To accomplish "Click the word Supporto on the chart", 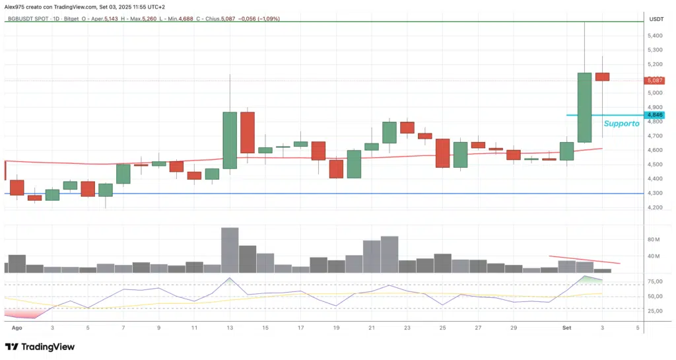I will coord(621,123).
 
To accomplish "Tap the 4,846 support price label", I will coord(655,115).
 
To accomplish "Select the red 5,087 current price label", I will coord(655,81).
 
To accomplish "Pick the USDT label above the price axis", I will coord(656,19).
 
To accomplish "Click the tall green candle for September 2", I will coord(584,107).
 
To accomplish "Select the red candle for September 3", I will coord(602,77).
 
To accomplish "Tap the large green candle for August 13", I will coord(230,140).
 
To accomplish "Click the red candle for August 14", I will coord(248,132).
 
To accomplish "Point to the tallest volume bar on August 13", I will coord(230,250).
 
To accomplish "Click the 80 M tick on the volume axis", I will coord(654,239).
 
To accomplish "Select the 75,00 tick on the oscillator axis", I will coord(655,281).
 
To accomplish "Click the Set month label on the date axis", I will coord(566,327).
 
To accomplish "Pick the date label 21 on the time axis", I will coord(372,327).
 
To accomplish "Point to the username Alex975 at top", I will coord(16,6).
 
